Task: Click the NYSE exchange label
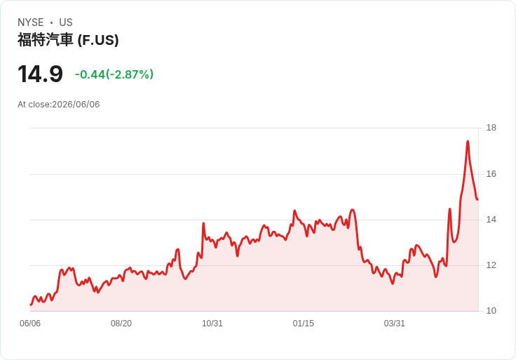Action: [30, 22]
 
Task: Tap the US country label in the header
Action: [66, 22]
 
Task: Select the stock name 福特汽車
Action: [45, 40]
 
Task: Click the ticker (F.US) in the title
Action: [98, 40]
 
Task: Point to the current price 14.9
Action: [40, 74]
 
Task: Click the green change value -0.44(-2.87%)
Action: [114, 74]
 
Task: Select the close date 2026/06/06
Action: [76, 105]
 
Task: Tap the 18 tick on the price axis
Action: [491, 128]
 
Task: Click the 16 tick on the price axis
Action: [491, 174]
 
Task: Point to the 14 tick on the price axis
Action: [491, 220]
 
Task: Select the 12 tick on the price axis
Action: [491, 265]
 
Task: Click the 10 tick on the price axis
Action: [491, 311]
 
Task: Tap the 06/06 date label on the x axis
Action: [30, 324]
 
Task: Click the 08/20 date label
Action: [121, 324]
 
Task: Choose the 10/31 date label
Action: [212, 324]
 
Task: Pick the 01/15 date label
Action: [303, 324]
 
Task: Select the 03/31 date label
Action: [394, 324]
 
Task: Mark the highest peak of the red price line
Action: [468, 141]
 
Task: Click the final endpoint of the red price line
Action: [477, 199]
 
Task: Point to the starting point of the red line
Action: [31, 305]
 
